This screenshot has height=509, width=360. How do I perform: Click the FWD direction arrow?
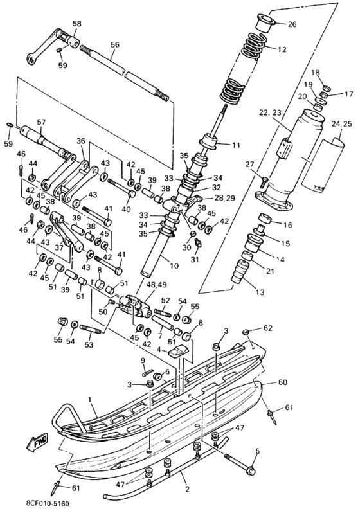pyautogui.click(x=37, y=442)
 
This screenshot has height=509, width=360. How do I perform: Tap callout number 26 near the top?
pyautogui.click(x=292, y=24)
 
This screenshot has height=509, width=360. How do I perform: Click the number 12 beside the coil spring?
pyautogui.click(x=282, y=49)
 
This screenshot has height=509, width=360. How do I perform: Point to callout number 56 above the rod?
pyautogui.click(x=115, y=45)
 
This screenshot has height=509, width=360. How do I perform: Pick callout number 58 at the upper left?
pyautogui.click(x=77, y=24)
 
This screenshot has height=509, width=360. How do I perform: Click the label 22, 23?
pyautogui.click(x=270, y=112)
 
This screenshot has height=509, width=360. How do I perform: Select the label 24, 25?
pyautogui.click(x=342, y=123)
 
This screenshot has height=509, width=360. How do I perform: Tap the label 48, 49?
pyautogui.click(x=157, y=285)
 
